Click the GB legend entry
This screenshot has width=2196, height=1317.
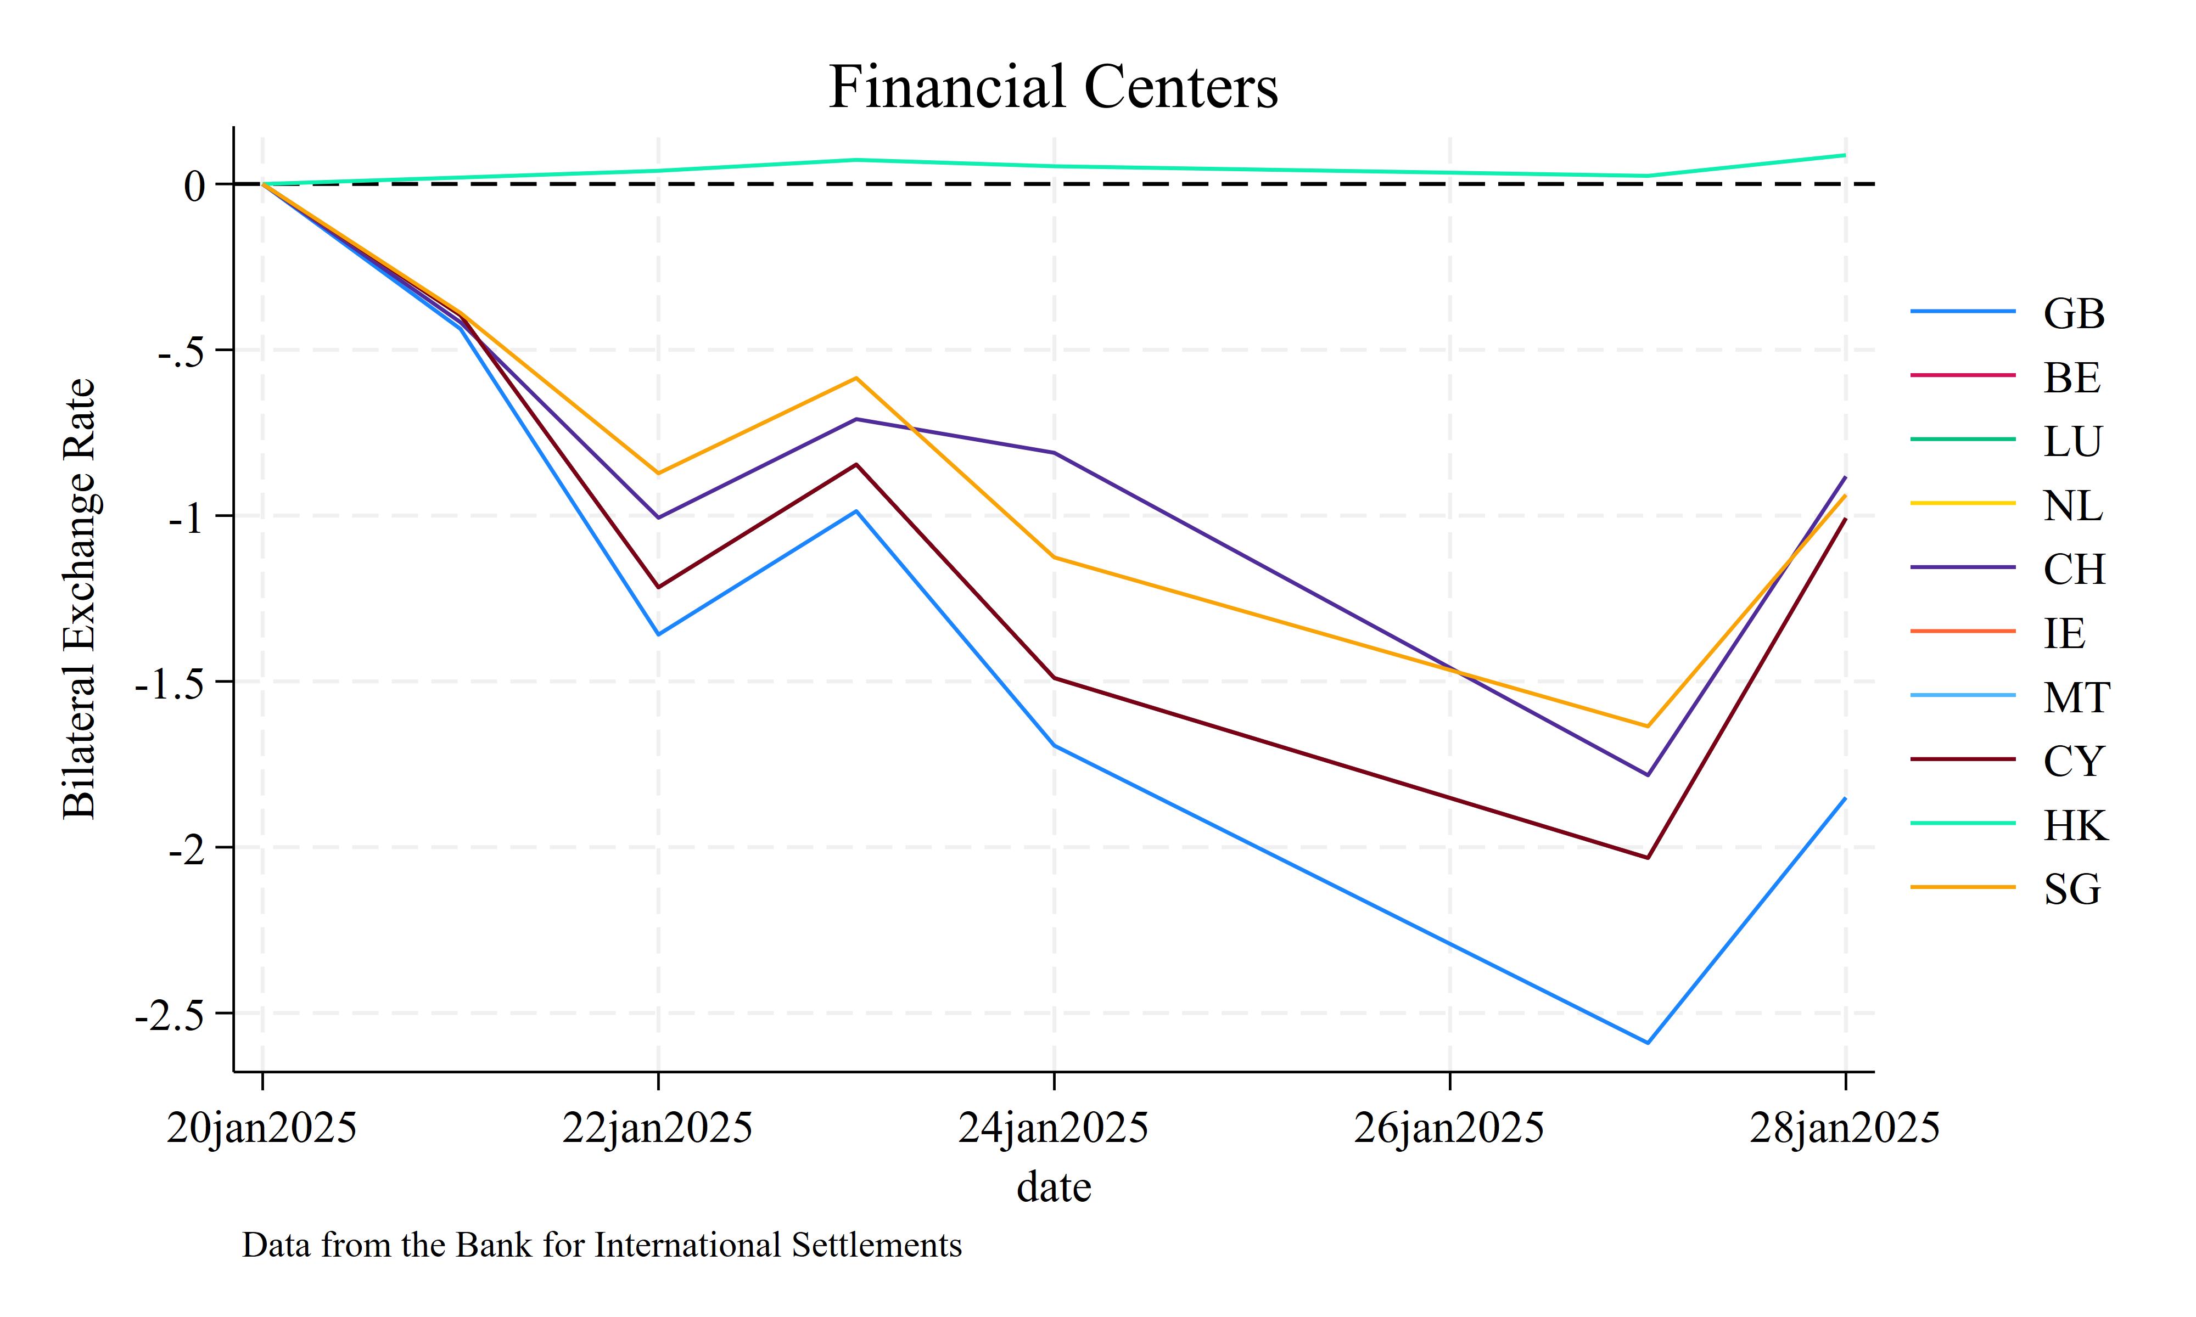2074,313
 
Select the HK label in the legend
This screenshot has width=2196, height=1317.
2074,825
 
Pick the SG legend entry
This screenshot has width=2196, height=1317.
2072,889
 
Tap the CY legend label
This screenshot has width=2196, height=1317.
2074,762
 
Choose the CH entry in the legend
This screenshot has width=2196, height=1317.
2074,569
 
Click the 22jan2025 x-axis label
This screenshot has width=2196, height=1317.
658,1128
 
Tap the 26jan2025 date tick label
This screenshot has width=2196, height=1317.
1449,1128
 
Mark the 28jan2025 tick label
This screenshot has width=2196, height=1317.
1845,1128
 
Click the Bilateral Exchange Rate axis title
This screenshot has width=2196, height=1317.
80,599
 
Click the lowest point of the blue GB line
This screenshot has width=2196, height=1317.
1648,1043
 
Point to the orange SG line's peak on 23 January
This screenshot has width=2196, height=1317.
856,378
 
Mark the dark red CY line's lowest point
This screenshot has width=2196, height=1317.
1648,857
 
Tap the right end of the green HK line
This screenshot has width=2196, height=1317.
1845,155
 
